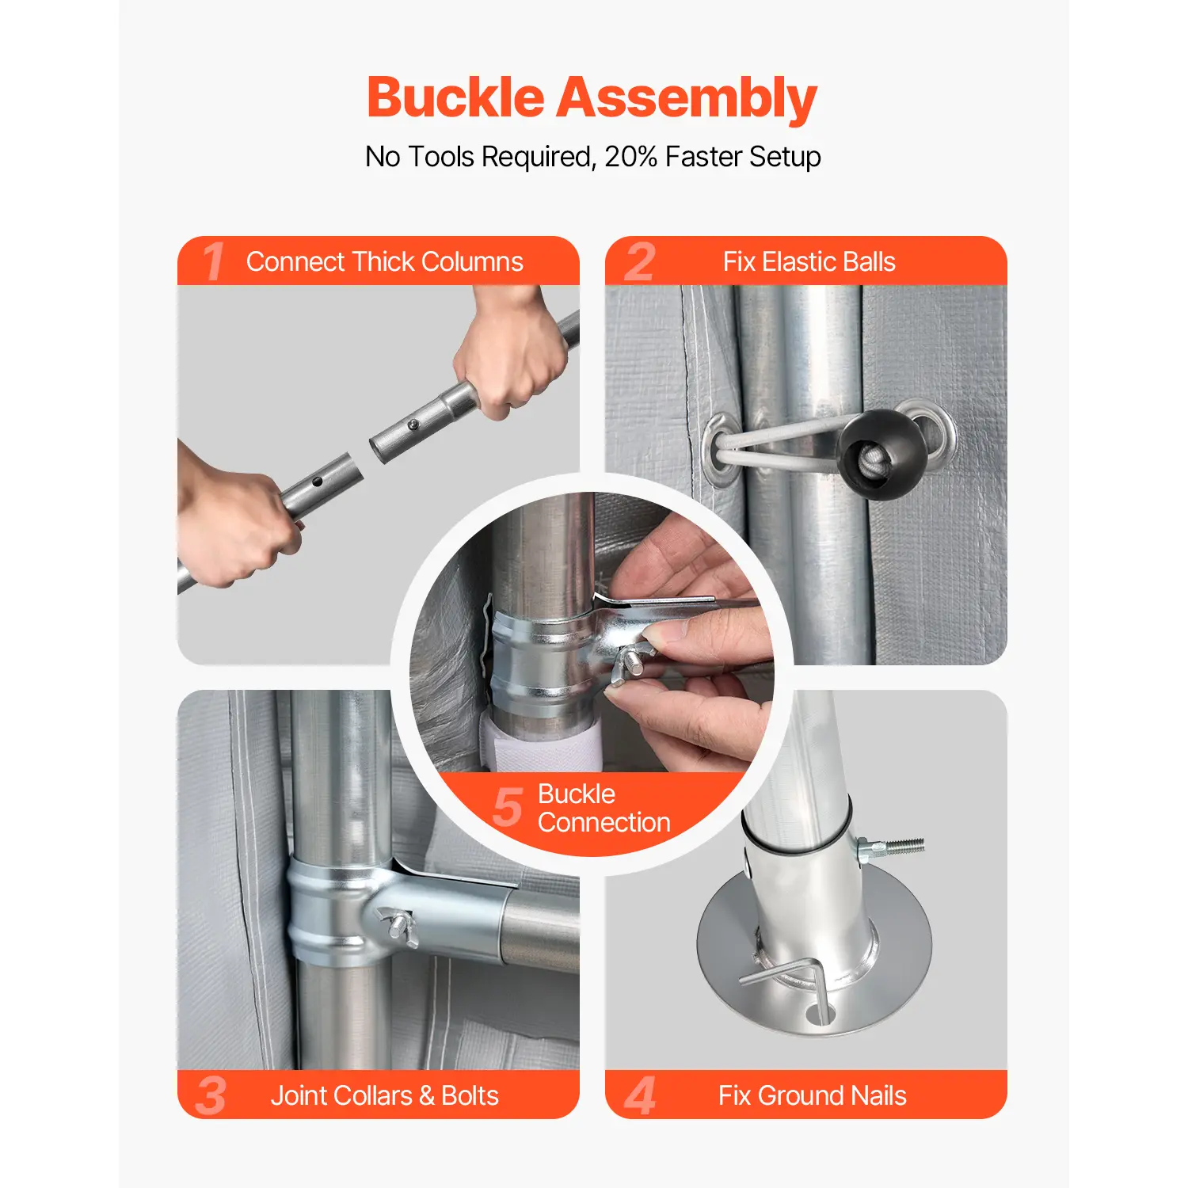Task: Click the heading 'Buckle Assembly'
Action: (592, 99)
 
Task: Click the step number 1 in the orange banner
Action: (213, 261)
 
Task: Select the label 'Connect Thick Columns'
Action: (384, 261)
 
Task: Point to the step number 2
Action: (640, 262)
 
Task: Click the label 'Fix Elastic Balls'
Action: (809, 261)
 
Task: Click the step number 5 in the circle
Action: (508, 807)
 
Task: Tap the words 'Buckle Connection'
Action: (604, 808)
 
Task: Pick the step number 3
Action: (211, 1095)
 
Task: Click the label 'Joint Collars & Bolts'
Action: (384, 1095)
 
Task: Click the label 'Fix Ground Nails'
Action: (812, 1095)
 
